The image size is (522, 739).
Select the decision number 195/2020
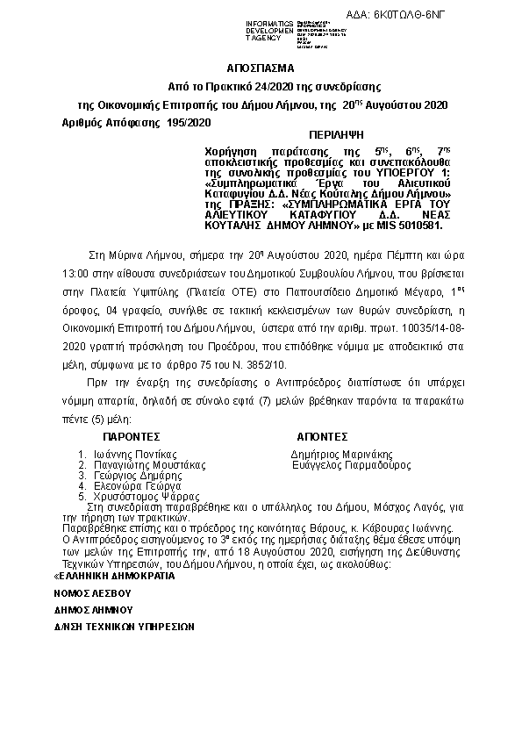pyautogui.click(x=189, y=122)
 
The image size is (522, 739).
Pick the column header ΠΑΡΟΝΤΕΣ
pyautogui.click(x=131, y=434)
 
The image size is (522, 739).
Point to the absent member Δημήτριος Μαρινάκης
pyautogui.click(x=341, y=454)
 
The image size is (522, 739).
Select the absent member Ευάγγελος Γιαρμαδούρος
pyautogui.click(x=351, y=464)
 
